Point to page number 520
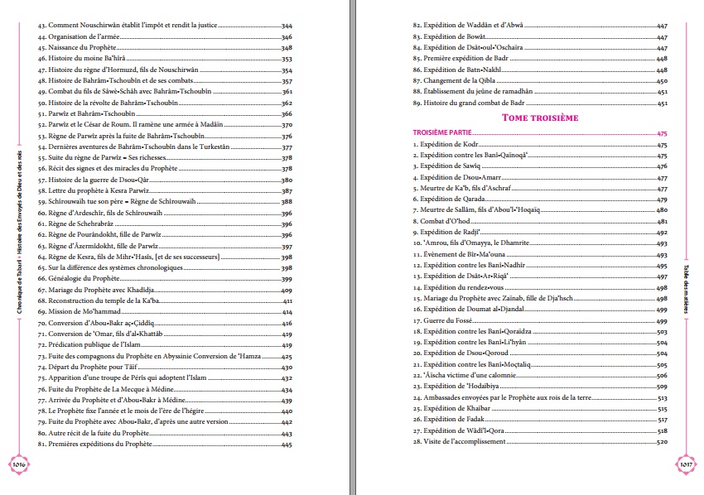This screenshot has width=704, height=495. pos(662,442)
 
